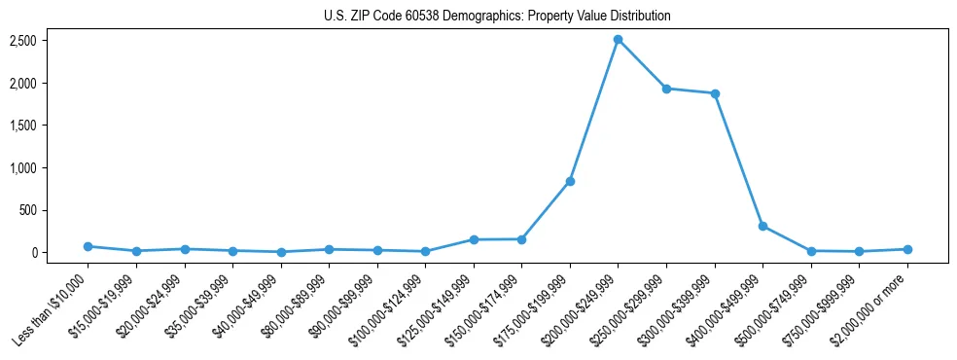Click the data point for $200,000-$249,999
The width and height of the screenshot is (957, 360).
tap(618, 40)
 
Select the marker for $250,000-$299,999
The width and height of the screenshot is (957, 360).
tap(666, 89)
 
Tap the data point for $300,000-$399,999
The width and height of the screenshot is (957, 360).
tap(715, 93)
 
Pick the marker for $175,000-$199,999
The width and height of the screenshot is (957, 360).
tap(570, 182)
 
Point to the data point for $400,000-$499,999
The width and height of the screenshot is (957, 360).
tap(762, 226)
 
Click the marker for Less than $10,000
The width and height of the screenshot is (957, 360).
tap(88, 246)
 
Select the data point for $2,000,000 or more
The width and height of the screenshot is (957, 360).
tap(907, 249)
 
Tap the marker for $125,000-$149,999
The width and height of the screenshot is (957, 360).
tap(474, 239)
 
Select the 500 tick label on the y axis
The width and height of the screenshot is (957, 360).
tap(27, 210)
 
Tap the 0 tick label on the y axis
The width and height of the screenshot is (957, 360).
tap(34, 253)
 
